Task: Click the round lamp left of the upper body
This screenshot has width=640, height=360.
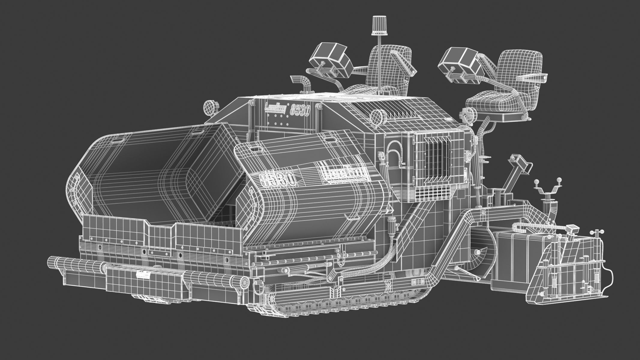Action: click(x=208, y=107)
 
